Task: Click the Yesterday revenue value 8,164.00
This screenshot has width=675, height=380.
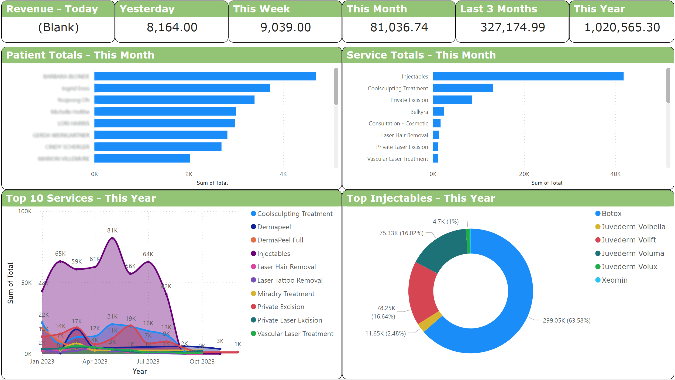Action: (x=172, y=27)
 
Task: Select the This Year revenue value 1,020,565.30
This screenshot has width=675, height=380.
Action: (x=622, y=27)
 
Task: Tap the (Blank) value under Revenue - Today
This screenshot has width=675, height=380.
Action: (x=58, y=27)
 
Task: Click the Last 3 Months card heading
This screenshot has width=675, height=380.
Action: (x=498, y=9)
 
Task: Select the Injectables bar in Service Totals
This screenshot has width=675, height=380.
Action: (x=528, y=76)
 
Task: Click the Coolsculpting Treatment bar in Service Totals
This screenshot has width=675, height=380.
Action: (x=463, y=88)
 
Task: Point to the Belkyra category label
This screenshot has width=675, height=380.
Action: (x=419, y=112)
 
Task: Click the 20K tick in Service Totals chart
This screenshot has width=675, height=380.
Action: (x=524, y=174)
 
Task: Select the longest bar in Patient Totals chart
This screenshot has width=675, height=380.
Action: (x=205, y=76)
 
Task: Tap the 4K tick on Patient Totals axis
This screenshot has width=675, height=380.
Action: (x=283, y=174)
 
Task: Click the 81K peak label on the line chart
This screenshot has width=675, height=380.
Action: (x=112, y=230)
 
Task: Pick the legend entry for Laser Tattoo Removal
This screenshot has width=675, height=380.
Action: (x=290, y=280)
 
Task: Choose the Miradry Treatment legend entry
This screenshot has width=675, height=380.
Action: (x=285, y=294)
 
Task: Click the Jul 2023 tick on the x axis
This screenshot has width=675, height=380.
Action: (x=148, y=361)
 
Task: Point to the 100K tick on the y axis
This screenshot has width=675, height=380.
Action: (x=25, y=211)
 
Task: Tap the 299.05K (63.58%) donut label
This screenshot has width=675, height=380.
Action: (x=566, y=320)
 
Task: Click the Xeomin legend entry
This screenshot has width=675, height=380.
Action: (x=614, y=280)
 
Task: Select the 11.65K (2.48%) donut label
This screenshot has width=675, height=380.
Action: (x=385, y=333)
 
